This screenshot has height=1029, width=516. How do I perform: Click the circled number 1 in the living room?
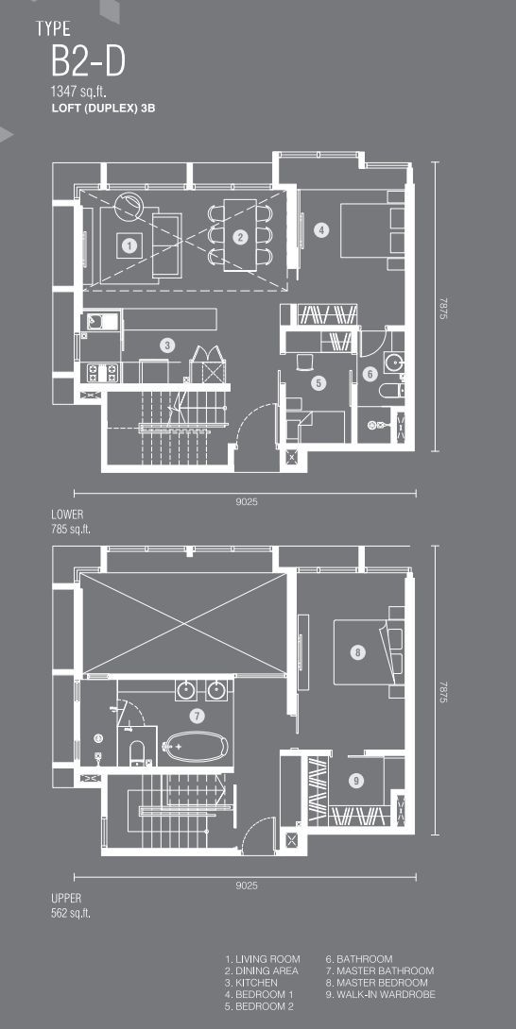point(130,246)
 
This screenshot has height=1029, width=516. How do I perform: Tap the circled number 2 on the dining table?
point(240,238)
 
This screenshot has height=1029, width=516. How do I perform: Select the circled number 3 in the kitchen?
point(167,345)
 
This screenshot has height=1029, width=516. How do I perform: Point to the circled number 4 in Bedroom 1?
point(320,229)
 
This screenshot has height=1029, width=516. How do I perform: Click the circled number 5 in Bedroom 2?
point(318,382)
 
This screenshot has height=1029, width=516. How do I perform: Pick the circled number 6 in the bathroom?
point(370,374)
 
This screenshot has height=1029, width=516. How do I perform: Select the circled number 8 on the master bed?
point(357,652)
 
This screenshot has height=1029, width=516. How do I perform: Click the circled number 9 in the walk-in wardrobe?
point(355,781)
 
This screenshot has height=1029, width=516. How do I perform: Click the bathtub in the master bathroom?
point(197,747)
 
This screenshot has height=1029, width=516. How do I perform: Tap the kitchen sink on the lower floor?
point(100,322)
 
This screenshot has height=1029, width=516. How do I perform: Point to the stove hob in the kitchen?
point(100,373)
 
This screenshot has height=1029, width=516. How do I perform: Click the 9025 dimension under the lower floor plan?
point(247,502)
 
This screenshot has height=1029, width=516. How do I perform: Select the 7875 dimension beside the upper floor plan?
point(443,692)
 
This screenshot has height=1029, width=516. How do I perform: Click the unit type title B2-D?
point(88,62)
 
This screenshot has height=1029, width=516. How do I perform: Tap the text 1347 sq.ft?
point(78,92)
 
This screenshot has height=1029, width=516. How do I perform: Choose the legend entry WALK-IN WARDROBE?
point(379,994)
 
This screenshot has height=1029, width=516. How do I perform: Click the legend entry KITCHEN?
point(251,983)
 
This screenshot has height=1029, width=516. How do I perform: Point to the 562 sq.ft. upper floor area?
point(71,913)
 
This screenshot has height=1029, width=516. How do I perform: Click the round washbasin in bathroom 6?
point(394,363)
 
